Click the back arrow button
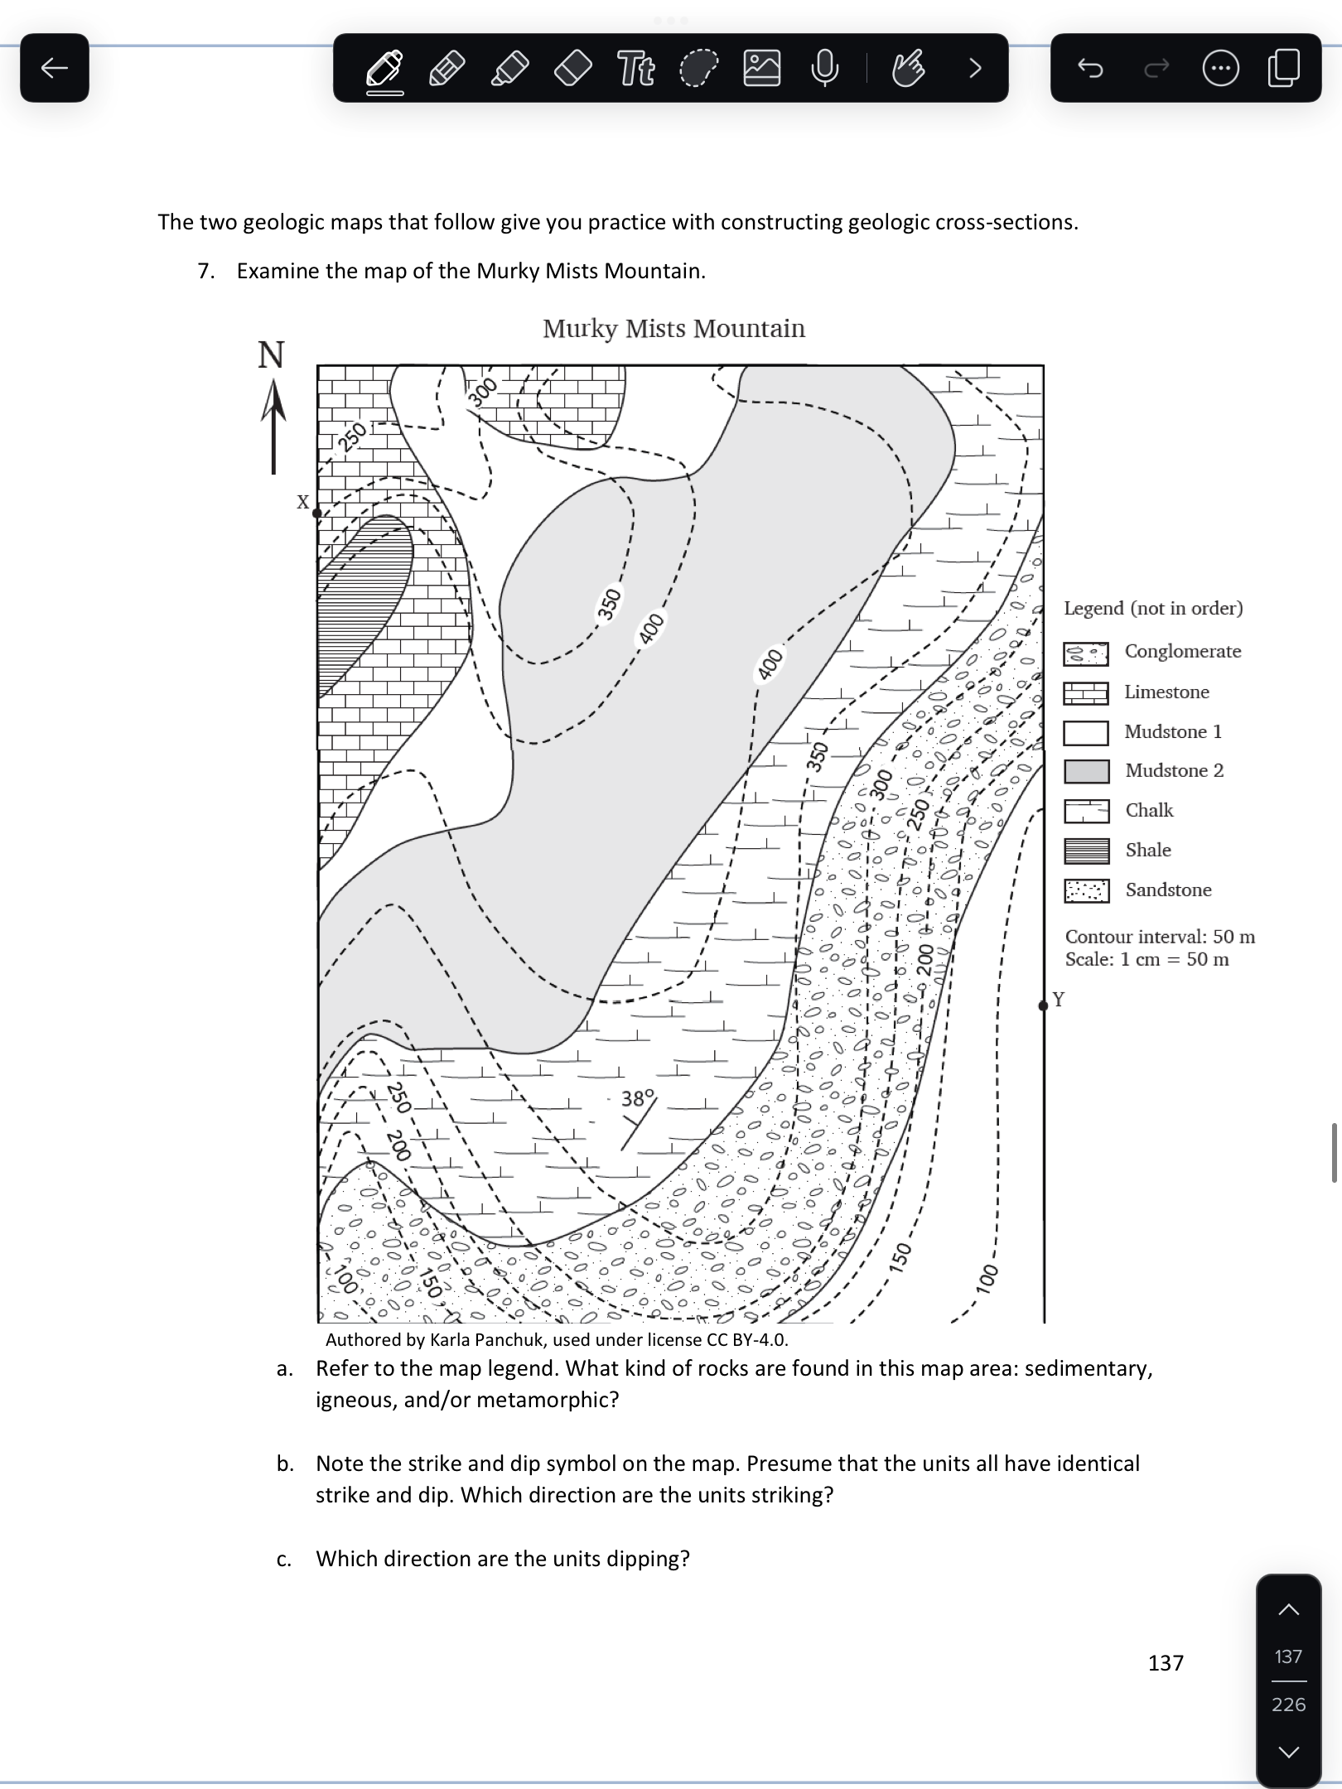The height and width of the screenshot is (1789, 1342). [x=55, y=68]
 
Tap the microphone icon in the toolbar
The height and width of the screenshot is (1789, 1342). [x=824, y=68]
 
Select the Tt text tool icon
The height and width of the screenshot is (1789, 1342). [x=636, y=68]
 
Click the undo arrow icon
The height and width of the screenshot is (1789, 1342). [x=1090, y=68]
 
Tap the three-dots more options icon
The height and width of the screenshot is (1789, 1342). [x=1220, y=68]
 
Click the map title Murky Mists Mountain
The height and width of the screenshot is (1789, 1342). [x=673, y=329]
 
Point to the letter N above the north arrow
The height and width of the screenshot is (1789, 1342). [x=271, y=355]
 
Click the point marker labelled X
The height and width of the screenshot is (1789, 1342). [x=317, y=513]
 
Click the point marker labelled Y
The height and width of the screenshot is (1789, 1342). [x=1043, y=1005]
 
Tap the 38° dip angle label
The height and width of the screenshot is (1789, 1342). [x=638, y=1098]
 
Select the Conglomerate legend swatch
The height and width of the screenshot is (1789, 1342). [x=1086, y=653]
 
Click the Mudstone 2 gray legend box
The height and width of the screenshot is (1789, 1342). [x=1086, y=771]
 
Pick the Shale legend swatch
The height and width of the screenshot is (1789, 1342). [x=1086, y=851]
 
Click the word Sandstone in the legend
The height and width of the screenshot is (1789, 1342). [x=1168, y=890]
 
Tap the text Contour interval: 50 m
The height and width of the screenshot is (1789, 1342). [x=1160, y=937]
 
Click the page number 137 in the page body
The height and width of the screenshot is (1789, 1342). [x=1166, y=1662]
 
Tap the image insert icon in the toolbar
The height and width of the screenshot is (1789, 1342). [x=762, y=68]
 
